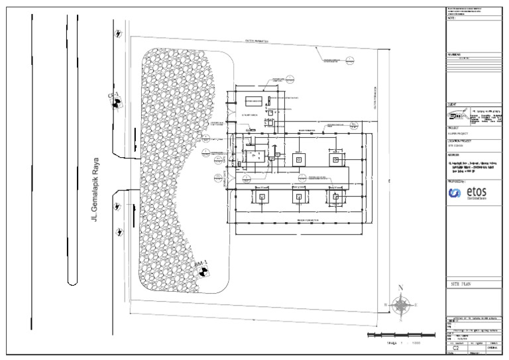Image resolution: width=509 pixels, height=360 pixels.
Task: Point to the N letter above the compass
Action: (400, 288)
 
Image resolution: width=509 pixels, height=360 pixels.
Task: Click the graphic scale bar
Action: (396, 335)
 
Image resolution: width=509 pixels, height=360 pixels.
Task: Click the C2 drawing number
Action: (455, 347)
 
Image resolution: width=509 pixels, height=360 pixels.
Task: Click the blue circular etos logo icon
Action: (456, 193)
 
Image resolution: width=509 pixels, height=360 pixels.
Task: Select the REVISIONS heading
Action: (456, 55)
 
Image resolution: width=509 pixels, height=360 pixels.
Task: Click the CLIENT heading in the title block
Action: (453, 104)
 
